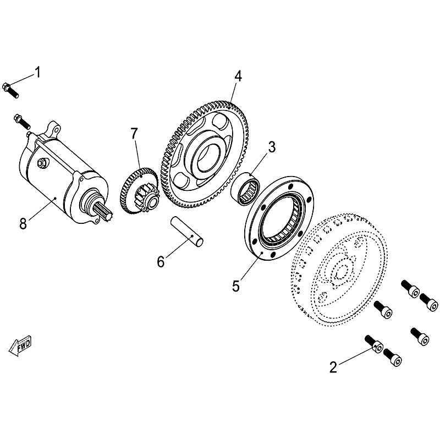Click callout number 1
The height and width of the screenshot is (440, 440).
pos(37,72)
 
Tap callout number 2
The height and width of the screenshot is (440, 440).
pos(333,367)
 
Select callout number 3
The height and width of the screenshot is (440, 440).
pos(272,147)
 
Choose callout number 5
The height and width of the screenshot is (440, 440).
pos(236,286)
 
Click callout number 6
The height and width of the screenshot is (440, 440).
pos(161,262)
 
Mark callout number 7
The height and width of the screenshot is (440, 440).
pos(134,134)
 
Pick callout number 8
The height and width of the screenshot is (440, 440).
pos(23,224)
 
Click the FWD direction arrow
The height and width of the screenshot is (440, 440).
pos(20,345)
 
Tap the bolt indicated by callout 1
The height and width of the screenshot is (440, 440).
pos(10,90)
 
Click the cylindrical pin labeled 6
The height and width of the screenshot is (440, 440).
pos(187,231)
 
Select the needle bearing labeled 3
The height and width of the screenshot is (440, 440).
pos(245,189)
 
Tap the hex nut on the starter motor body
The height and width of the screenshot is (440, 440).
pos(42,163)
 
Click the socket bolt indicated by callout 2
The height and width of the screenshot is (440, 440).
pos(374,345)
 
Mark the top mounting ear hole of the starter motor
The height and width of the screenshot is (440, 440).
pos(57,130)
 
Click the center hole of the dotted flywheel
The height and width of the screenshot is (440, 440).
pos(340,271)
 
